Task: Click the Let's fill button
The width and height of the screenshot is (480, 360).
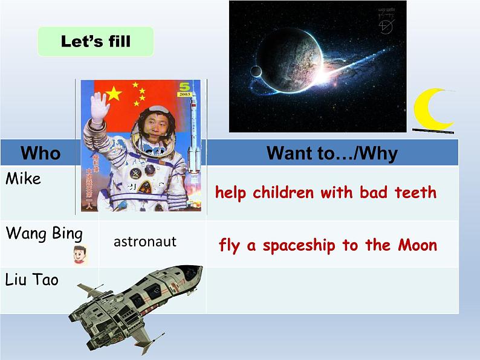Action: (x=96, y=42)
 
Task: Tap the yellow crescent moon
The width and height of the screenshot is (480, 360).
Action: (x=430, y=110)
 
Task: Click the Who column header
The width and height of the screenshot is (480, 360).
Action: (x=41, y=153)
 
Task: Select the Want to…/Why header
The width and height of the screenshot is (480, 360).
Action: (x=332, y=153)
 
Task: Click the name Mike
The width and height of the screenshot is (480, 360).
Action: (x=23, y=179)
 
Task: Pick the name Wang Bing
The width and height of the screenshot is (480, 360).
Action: (x=44, y=233)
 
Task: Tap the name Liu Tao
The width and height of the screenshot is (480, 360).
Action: (x=31, y=280)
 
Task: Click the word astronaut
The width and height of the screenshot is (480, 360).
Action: (x=144, y=242)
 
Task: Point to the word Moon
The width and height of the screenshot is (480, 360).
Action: (x=417, y=245)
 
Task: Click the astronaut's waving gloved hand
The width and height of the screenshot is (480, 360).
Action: (x=99, y=107)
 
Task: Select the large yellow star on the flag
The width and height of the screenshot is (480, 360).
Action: (x=114, y=93)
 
